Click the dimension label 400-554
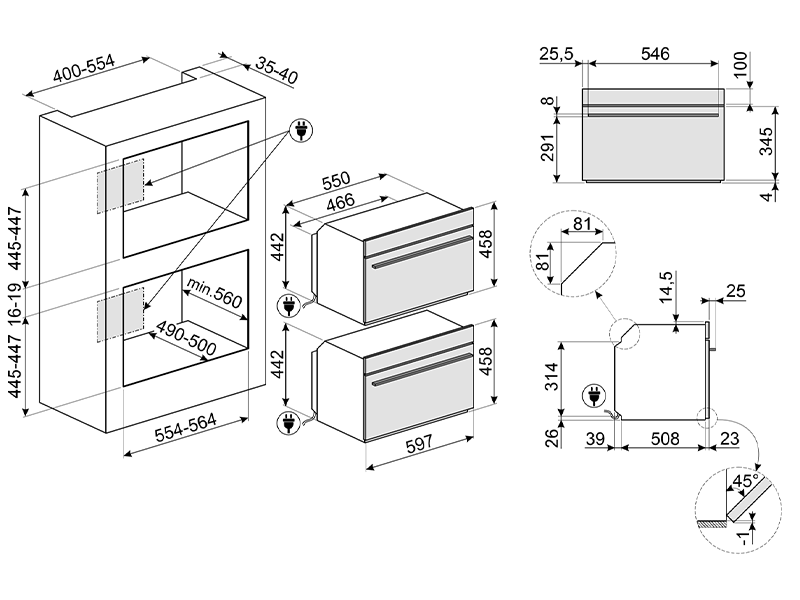pos(85,72)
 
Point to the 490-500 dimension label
pos(186,337)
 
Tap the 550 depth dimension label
pos(334,183)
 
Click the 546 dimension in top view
pos(654,54)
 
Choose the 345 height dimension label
pos(766,145)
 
